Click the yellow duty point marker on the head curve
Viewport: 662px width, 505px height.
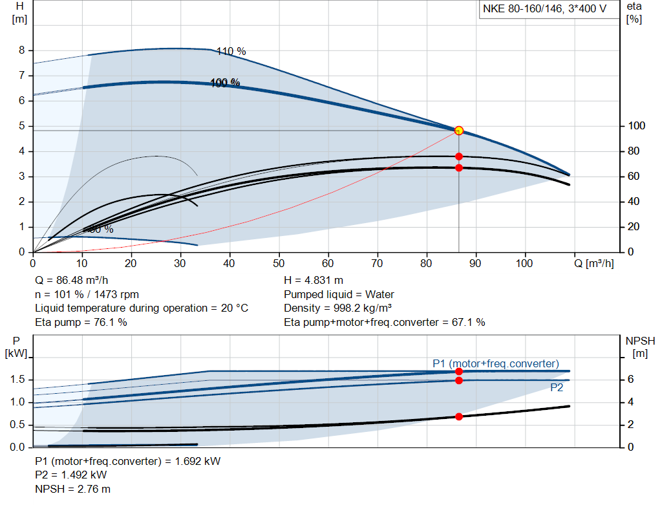[459, 131]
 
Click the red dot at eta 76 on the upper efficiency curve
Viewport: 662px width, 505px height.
[459, 156]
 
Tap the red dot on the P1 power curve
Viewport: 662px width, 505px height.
[459, 371]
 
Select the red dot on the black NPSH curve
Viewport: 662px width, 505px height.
[459, 416]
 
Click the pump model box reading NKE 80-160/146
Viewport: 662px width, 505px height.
[548, 9]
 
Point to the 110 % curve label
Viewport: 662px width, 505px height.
[231, 52]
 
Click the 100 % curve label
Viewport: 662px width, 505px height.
[225, 83]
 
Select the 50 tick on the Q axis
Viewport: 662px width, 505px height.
[279, 263]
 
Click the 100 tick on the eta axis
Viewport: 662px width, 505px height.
[635, 126]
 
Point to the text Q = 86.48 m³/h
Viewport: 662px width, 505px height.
[72, 281]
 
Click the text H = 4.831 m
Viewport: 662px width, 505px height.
[314, 281]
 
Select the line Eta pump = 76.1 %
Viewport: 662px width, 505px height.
[81, 322]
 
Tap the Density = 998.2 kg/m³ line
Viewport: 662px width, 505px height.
[338, 308]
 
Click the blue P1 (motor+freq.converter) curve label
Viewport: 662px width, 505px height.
[495, 363]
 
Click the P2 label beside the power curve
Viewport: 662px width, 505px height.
[557, 388]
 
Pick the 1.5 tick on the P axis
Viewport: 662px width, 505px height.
[17, 380]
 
